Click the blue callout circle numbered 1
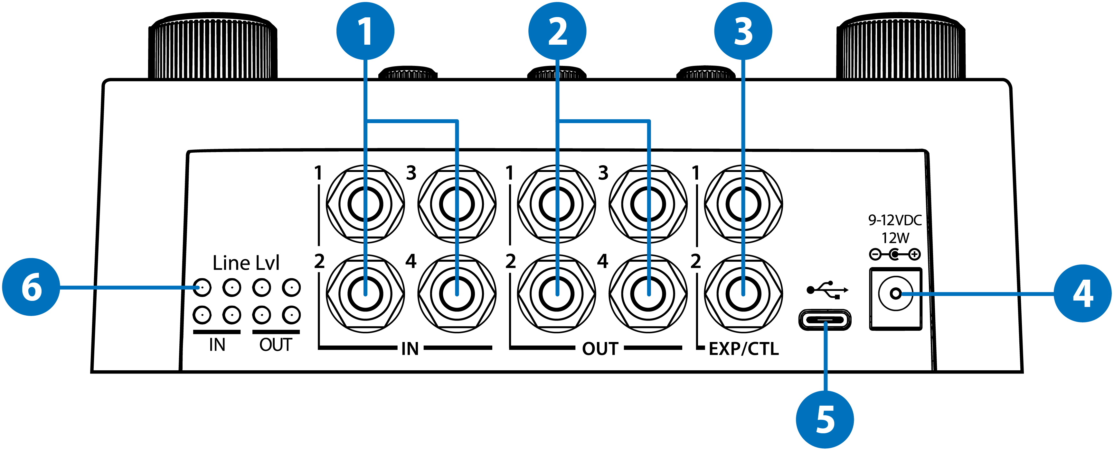coord(365,31)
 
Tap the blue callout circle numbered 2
coord(557,31)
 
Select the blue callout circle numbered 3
coord(743,31)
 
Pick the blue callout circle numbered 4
coord(1082,293)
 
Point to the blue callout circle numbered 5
coord(825,419)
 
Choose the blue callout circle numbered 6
coord(31,287)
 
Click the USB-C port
coord(825,320)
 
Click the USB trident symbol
coord(827,290)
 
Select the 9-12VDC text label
coord(895,220)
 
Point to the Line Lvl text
coord(246,263)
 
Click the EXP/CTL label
coord(744,348)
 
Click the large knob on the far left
coord(213,48)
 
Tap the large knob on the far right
coord(901,48)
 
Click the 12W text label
coord(895,238)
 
